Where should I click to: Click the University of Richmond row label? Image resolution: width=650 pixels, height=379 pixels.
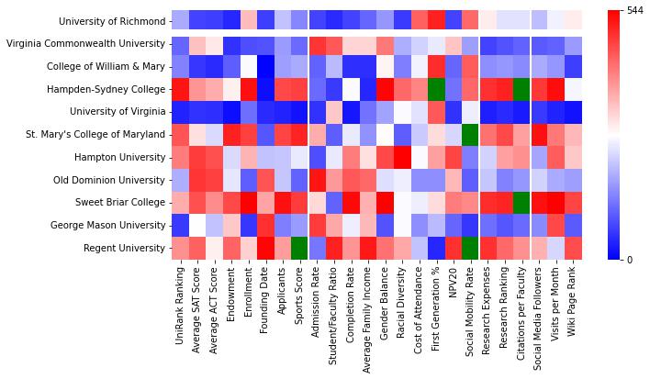pyautogui.click(x=110, y=21)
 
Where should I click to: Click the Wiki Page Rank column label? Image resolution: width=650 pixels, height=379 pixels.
pyautogui.click(x=574, y=308)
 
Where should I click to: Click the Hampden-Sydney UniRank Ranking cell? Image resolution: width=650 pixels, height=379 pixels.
pyautogui.click(x=180, y=89)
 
